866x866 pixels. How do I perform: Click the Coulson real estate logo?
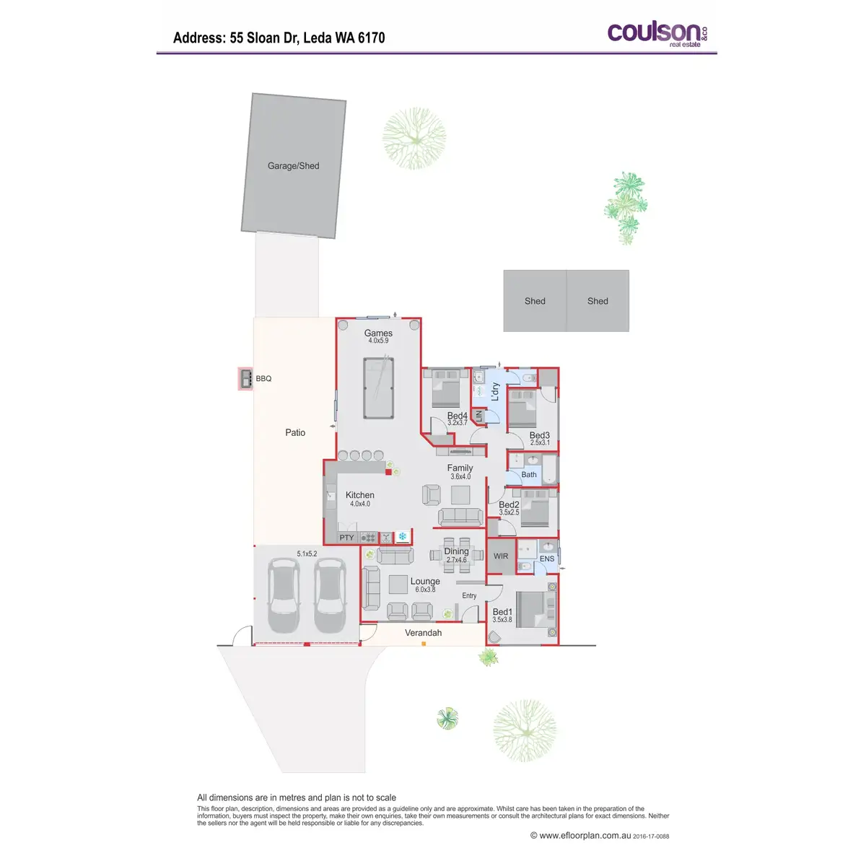point(657,34)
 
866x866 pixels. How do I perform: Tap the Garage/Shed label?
point(293,166)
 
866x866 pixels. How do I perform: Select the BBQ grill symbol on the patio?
point(245,378)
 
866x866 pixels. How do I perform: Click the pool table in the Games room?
point(378,388)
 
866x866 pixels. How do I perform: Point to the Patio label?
point(295,433)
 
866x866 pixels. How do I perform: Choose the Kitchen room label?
point(359,495)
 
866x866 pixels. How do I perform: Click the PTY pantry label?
point(347,538)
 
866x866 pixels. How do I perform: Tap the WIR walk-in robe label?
point(501,556)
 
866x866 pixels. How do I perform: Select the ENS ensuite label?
point(547,559)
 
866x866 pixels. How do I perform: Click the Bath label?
point(529,475)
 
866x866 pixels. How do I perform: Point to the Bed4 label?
point(457,416)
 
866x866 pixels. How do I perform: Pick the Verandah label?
point(423,633)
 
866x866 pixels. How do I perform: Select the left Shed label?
point(535,302)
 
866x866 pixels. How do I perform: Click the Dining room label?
point(456,551)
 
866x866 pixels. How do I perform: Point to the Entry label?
point(469,596)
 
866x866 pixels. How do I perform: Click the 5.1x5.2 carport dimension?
point(307,554)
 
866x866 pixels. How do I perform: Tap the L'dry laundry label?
point(495,391)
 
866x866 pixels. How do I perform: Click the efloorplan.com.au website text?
point(585,836)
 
